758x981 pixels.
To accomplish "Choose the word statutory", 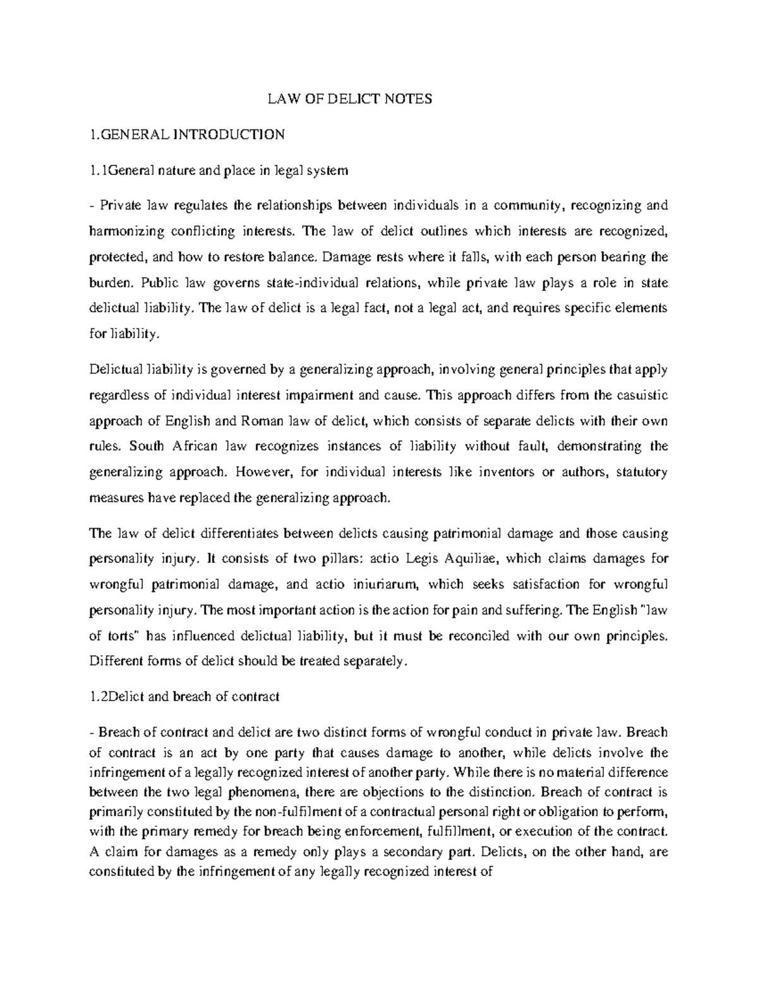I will click(641, 472).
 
